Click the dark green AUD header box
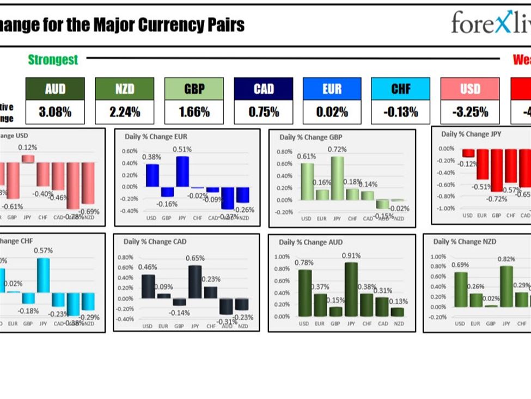(x=55, y=89)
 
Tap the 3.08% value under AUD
(x=55, y=112)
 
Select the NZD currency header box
(x=124, y=89)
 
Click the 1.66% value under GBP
(x=194, y=112)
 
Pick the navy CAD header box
(x=263, y=89)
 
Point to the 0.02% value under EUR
(x=332, y=112)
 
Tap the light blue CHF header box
(x=400, y=89)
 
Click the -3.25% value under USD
(x=469, y=112)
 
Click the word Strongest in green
(x=53, y=60)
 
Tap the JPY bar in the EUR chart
(x=182, y=171)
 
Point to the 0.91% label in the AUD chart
(x=351, y=255)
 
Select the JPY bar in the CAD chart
(x=194, y=281)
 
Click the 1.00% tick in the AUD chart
(x=282, y=256)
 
